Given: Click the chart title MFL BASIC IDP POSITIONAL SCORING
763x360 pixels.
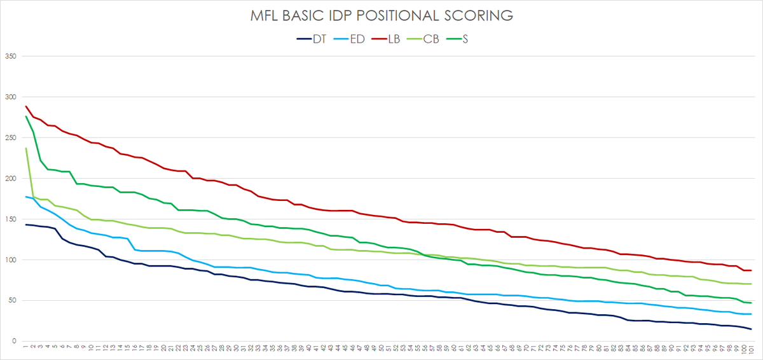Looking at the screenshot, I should [x=381, y=16].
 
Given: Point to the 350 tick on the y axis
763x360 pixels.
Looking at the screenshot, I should [x=10, y=56].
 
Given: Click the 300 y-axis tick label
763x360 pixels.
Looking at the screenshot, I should [x=10, y=97].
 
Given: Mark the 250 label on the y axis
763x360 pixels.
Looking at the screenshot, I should [x=10, y=137].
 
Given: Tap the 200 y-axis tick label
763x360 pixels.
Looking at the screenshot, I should [x=10, y=178].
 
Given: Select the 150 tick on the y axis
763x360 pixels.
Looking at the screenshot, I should [x=10, y=219].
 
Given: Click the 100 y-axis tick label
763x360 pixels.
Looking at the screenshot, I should [x=10, y=260].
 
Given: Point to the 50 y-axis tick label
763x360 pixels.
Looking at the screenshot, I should [x=11, y=300].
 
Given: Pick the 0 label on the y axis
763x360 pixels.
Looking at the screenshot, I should [x=13, y=341].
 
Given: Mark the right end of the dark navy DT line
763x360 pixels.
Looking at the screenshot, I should [x=751, y=329].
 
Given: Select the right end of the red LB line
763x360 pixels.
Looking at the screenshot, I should [x=751, y=270].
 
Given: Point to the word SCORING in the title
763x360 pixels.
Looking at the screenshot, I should [x=481, y=16].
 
